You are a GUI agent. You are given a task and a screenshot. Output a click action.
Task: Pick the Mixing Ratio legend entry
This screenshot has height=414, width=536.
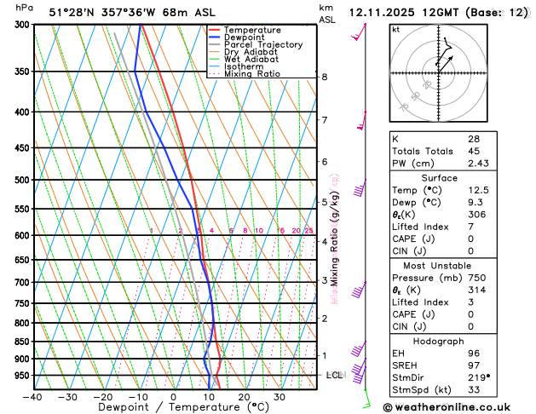pos(252,73)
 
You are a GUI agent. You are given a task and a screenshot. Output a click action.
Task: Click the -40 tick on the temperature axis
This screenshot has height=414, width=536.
pos(33,397)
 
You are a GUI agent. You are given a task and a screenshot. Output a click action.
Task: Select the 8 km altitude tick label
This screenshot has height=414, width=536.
pos(325,77)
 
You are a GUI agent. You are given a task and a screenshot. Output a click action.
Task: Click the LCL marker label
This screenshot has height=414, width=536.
pos(335,375)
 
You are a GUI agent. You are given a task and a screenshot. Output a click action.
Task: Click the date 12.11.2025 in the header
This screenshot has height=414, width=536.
pos(379,12)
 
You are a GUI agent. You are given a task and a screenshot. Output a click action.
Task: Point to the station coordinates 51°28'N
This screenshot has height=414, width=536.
pos(73,12)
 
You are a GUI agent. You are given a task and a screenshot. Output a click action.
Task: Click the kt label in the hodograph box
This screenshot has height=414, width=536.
pos(395,29)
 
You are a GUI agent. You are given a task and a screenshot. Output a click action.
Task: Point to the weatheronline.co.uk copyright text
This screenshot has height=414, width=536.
pos(456,407)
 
